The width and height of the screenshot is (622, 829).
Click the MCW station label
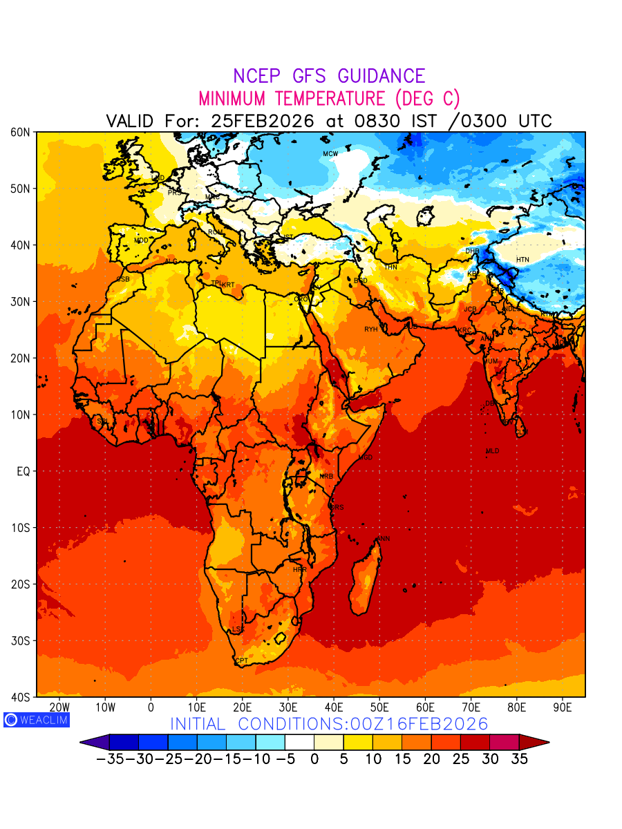(330, 153)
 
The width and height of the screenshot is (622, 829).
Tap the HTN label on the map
(522, 260)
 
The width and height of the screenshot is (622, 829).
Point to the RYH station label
(371, 330)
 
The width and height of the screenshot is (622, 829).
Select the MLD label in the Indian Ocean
(492, 451)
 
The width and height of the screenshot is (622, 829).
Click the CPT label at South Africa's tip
(242, 661)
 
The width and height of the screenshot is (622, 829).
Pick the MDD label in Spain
(141, 240)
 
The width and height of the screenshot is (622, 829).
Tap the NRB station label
(326, 477)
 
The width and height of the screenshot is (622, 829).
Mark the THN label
(390, 267)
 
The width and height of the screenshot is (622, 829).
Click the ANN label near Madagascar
(383, 539)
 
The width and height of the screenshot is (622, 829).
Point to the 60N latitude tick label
(19, 132)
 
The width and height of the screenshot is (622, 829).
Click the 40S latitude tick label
(19, 697)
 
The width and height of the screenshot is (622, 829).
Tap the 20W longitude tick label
(60, 707)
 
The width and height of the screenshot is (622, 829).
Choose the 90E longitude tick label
(563, 707)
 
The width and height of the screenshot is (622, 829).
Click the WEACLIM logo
(37, 719)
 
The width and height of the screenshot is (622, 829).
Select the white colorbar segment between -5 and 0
(299, 743)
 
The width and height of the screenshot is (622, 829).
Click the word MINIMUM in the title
(234, 98)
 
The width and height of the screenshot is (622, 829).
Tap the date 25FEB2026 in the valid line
(263, 121)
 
